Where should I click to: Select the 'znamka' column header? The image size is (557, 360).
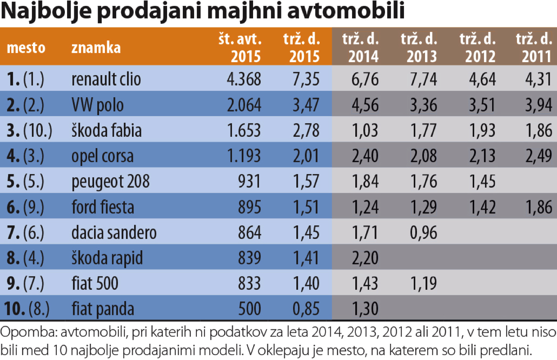[x=96, y=48]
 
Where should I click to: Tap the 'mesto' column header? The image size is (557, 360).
[x=26, y=48]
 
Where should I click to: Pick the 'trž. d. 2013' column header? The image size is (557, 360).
[x=419, y=48]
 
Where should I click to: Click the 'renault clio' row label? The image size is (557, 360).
[x=106, y=79]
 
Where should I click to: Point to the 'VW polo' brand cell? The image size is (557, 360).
[x=97, y=105]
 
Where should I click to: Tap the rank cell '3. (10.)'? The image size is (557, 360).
[x=30, y=130]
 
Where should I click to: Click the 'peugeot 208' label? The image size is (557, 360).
[x=110, y=182]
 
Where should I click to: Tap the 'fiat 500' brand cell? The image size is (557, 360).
[x=95, y=284]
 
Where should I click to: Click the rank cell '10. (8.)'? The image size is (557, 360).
[x=27, y=309]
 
